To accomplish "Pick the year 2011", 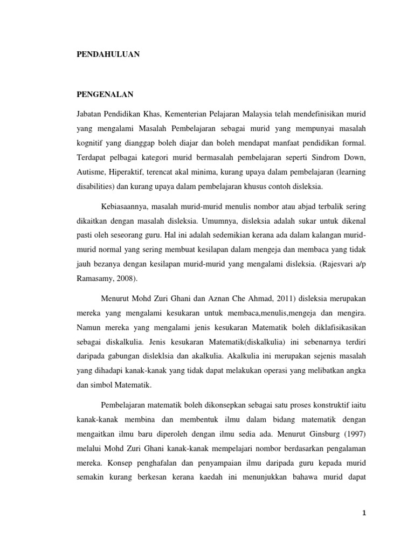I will (x=256, y=299).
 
